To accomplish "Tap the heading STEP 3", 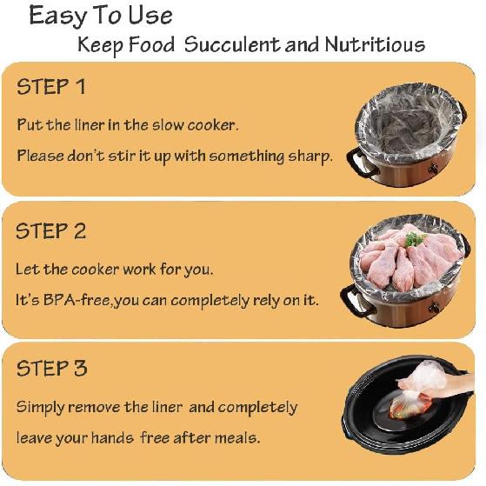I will coord(51,368).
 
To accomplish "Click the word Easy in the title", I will coord(58,17).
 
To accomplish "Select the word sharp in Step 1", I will coord(310,156).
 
